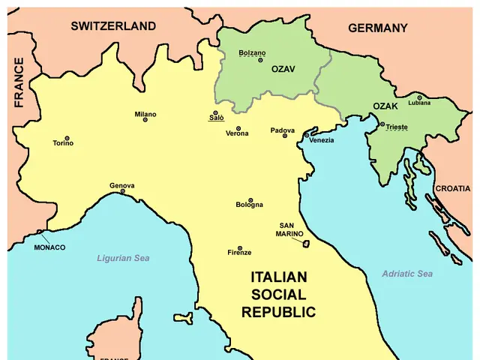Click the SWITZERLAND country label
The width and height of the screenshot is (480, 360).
pos(113,26)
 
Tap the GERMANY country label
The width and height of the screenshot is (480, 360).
pos(378,28)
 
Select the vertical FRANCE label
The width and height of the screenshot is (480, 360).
pos(19,82)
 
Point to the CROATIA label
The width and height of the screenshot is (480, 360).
pos(453,188)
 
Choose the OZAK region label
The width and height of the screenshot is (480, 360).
pos(385,106)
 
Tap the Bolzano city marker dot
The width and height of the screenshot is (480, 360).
pos(260,59)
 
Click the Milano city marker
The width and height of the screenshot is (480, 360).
pos(145,120)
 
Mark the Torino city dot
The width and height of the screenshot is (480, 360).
pos(67,138)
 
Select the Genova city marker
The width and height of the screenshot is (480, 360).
pos(122,191)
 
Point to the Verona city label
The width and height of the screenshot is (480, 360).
pos(237,133)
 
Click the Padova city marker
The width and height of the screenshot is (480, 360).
pos(285,136)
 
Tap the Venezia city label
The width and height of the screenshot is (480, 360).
pos(322,140)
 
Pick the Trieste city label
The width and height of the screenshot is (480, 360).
pos(397,127)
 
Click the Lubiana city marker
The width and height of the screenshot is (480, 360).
pos(419,97)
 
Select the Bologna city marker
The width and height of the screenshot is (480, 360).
pos(250,199)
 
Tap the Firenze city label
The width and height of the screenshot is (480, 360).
pos(240,253)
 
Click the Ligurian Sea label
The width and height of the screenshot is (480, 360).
pos(123,258)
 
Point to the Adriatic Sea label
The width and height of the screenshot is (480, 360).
pos(407,274)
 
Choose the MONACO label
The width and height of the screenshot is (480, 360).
pos(49,247)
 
